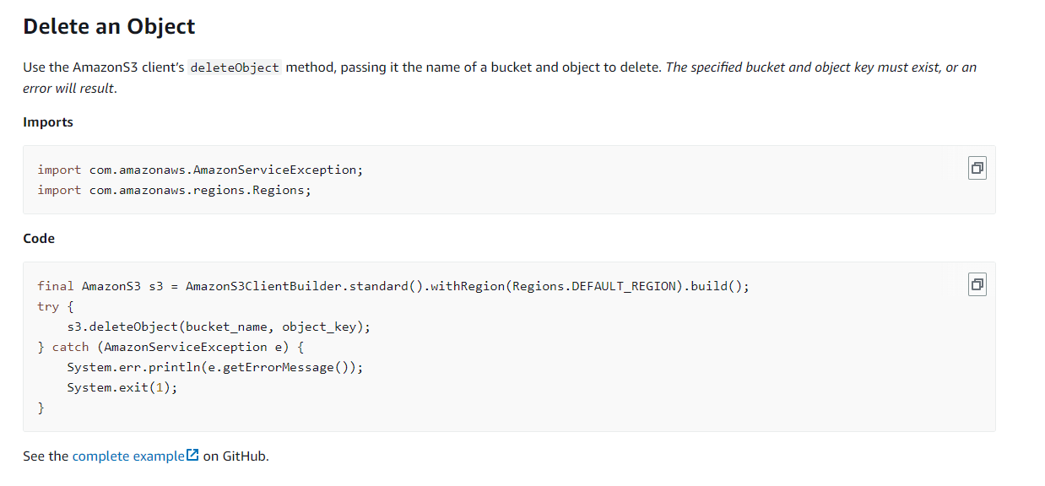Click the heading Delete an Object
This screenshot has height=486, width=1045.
tap(109, 26)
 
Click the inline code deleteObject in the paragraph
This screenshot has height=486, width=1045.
tap(235, 67)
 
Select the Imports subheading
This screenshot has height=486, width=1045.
tap(48, 122)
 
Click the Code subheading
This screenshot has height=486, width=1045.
tap(39, 239)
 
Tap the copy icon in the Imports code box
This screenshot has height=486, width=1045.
tap(977, 169)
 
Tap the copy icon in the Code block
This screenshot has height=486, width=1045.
tap(977, 285)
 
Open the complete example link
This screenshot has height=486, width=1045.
tap(128, 456)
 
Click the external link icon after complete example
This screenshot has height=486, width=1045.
tap(192, 456)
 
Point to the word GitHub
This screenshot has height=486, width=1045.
tap(245, 456)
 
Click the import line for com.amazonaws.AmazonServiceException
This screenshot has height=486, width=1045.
tap(200, 170)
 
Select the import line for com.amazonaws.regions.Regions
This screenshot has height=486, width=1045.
tap(174, 190)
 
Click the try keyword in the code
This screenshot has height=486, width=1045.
tap(48, 306)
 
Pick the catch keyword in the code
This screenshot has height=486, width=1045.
tap(70, 347)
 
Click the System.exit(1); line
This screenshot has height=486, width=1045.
tap(122, 387)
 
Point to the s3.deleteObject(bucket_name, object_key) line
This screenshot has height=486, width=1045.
tap(219, 327)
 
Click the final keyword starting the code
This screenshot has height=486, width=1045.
tap(56, 286)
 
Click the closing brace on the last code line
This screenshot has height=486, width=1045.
tap(41, 408)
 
